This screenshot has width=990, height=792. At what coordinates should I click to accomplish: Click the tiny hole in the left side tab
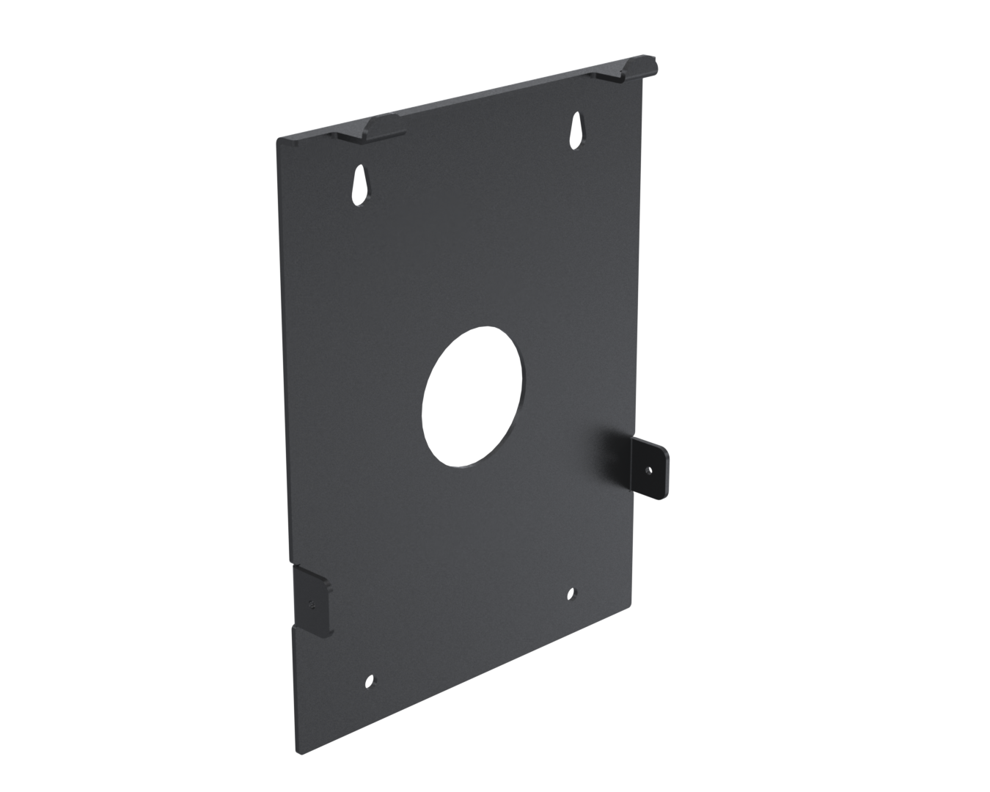coord(312,604)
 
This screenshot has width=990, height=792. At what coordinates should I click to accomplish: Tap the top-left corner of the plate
coord(277,139)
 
